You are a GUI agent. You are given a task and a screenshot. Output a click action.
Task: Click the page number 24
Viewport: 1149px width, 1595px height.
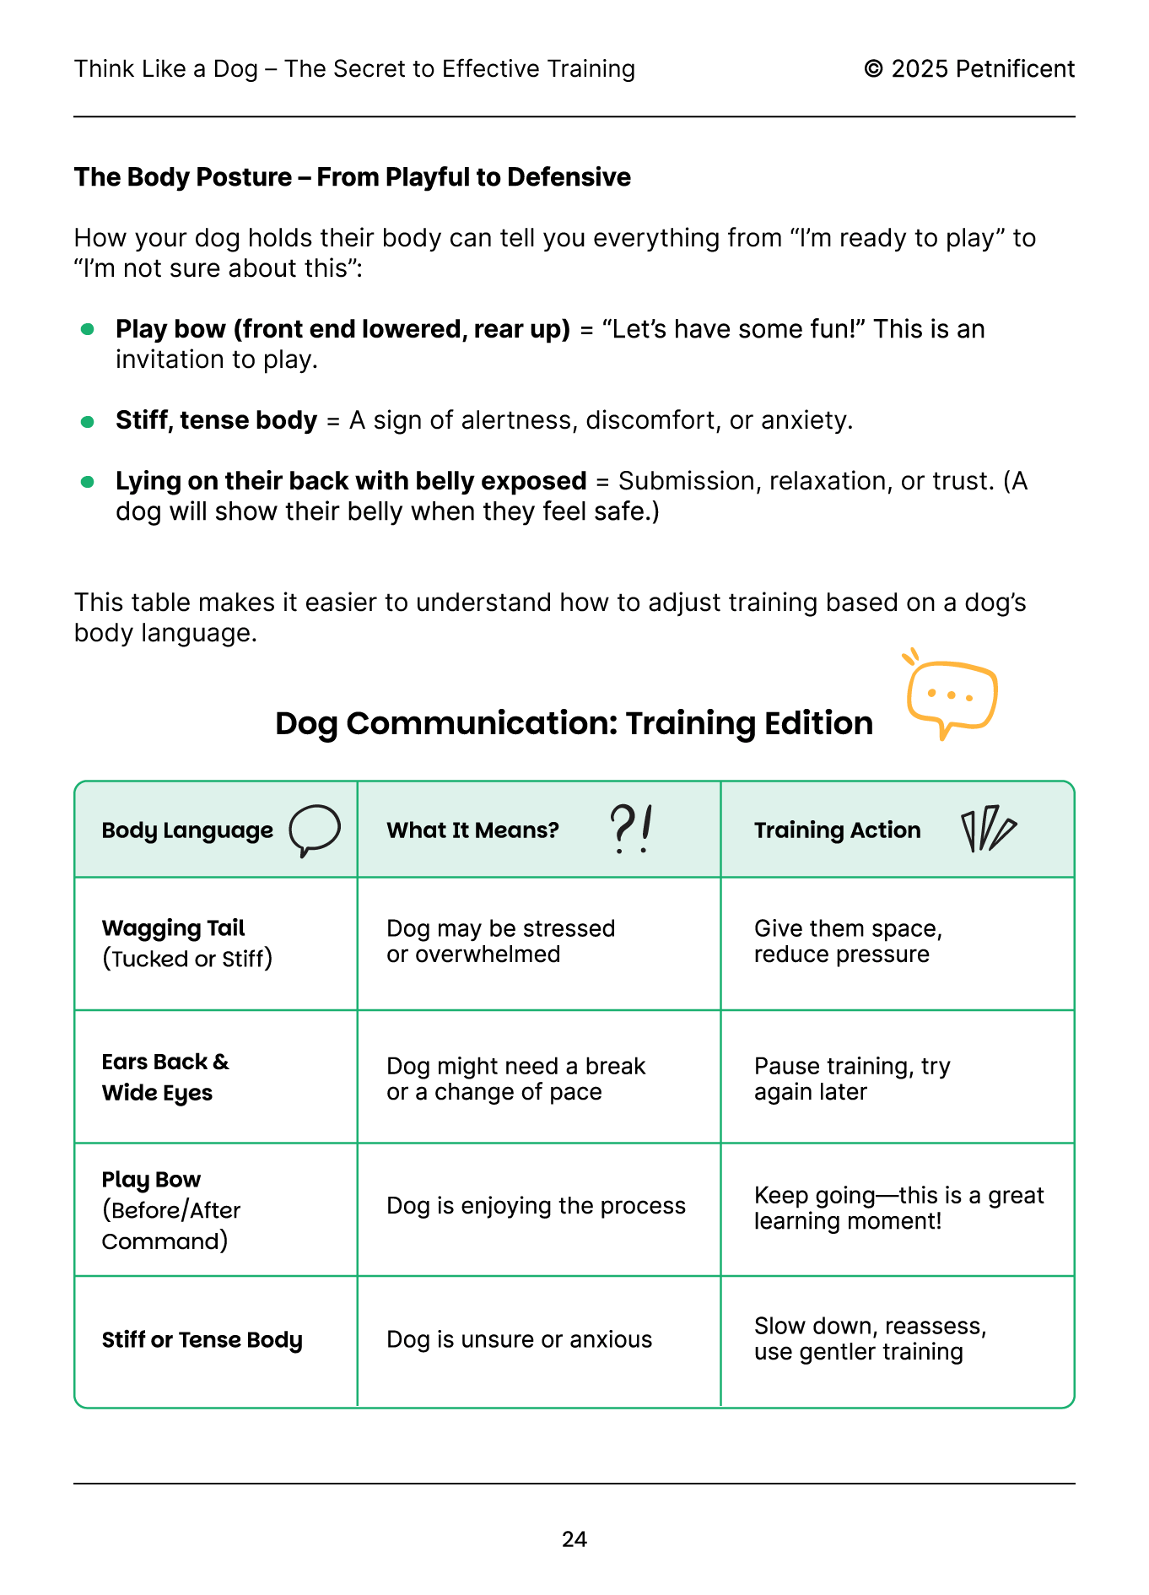point(574,1539)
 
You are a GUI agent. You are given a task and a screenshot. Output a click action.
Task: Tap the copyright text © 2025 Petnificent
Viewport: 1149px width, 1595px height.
point(968,69)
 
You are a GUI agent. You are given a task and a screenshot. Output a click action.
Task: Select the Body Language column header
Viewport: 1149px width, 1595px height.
point(187,830)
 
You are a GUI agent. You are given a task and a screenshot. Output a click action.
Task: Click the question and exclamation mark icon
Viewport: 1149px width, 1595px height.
point(631,829)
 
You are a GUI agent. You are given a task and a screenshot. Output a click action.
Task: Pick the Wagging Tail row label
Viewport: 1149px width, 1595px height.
point(173,928)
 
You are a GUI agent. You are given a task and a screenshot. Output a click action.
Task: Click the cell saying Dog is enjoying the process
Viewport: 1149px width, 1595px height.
point(536,1206)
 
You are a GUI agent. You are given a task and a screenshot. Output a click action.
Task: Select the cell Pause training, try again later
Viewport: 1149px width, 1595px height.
point(852,1079)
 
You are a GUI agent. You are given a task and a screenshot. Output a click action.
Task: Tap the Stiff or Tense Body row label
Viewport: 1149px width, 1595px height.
point(202,1340)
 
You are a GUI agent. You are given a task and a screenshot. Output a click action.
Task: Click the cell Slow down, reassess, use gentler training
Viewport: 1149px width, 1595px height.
point(870,1338)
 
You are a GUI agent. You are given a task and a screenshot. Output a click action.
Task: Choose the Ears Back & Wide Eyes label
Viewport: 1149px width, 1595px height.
point(165,1077)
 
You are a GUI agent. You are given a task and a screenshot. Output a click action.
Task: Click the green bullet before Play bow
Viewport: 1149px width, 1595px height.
point(87,329)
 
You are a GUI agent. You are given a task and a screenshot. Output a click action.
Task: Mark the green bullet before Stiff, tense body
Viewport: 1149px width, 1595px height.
point(87,421)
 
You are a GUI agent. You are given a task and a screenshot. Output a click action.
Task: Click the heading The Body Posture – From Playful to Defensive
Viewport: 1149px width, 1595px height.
point(352,177)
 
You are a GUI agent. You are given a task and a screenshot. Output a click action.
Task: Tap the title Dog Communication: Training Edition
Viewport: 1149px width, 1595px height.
point(574,723)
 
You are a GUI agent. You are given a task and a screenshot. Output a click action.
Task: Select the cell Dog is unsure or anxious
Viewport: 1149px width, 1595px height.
point(519,1339)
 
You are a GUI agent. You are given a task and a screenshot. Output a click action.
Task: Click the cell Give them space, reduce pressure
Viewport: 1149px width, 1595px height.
point(848,941)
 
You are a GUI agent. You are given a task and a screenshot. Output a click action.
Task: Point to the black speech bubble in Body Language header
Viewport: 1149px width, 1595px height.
point(315,830)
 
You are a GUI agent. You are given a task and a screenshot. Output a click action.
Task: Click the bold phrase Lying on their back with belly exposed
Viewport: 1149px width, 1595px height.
point(351,481)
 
